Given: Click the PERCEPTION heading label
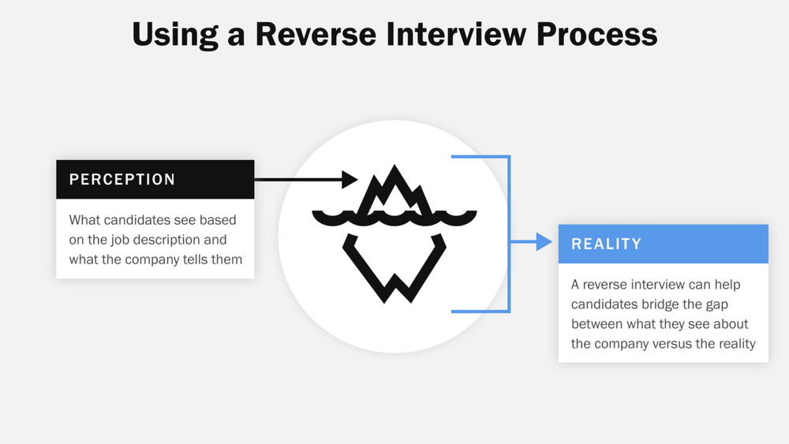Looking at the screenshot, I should click(122, 180).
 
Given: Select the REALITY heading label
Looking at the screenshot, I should click(606, 244).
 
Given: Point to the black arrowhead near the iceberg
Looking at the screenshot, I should click(350, 180).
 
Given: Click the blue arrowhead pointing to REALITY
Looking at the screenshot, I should click(544, 241).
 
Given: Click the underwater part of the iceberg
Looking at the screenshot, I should click(394, 268).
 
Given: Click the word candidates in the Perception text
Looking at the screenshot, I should click(138, 220).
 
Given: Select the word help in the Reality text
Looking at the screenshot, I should click(725, 284).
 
